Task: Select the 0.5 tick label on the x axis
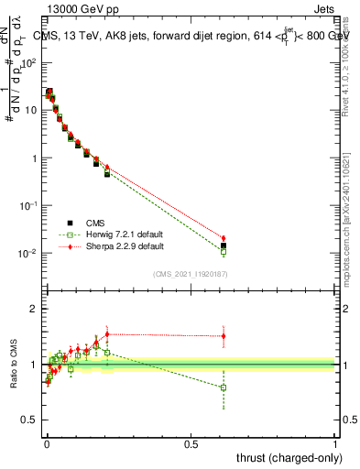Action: (191, 442)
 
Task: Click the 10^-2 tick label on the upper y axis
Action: (28, 253)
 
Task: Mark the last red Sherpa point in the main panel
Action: (224, 238)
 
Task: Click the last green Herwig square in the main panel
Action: (224, 252)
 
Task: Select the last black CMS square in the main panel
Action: (224, 245)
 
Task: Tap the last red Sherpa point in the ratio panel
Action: (224, 336)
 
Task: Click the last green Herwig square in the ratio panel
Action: (224, 387)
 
